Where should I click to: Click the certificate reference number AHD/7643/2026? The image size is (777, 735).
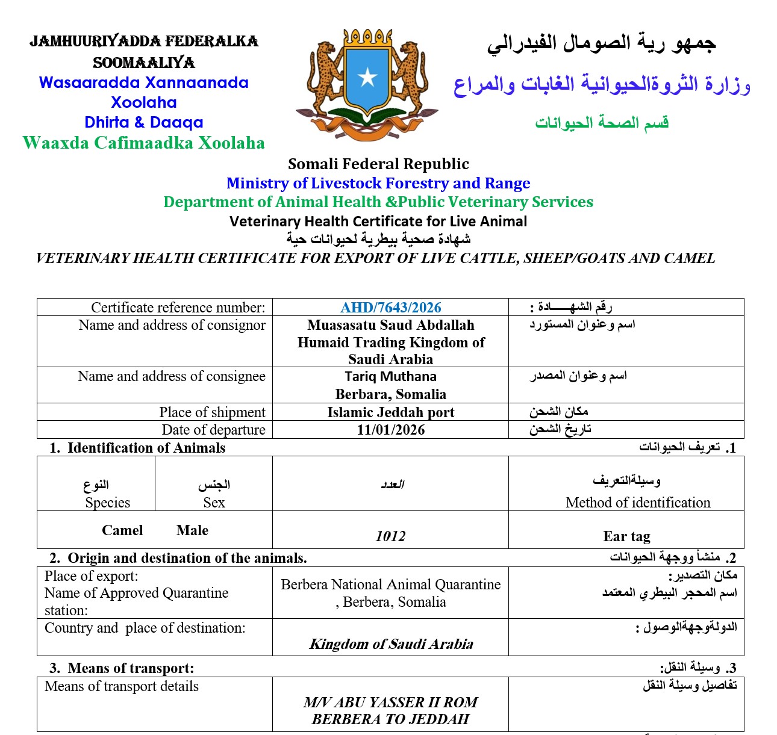coord(390,308)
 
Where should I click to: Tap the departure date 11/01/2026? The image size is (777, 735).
coord(390,430)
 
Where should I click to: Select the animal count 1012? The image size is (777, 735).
coord(390,536)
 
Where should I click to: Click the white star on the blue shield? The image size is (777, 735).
coord(367,77)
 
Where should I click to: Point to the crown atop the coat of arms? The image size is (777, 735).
coord(367,37)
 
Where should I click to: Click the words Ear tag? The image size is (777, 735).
coord(626,536)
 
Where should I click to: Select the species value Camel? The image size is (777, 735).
coord(122,530)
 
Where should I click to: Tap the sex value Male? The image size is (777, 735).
coord(192,530)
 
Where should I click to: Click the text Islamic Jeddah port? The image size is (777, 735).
coord(390,412)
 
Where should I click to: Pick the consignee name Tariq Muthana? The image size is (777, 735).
coord(390,377)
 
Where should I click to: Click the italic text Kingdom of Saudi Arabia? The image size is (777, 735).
coord(391,644)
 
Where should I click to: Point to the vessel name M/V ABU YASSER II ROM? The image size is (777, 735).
coord(390,702)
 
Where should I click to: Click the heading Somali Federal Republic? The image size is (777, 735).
coord(378,164)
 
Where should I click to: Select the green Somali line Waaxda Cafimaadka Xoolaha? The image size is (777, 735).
coord(143,143)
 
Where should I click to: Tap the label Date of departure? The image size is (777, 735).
coord(213,430)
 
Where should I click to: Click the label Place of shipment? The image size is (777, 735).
coord(212,412)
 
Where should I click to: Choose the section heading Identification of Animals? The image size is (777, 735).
coord(146,448)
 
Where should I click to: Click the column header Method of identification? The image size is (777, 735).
coord(638,503)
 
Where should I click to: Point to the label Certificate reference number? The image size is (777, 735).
coord(178,308)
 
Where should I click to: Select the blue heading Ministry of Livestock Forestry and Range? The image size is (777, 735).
coord(378,183)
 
